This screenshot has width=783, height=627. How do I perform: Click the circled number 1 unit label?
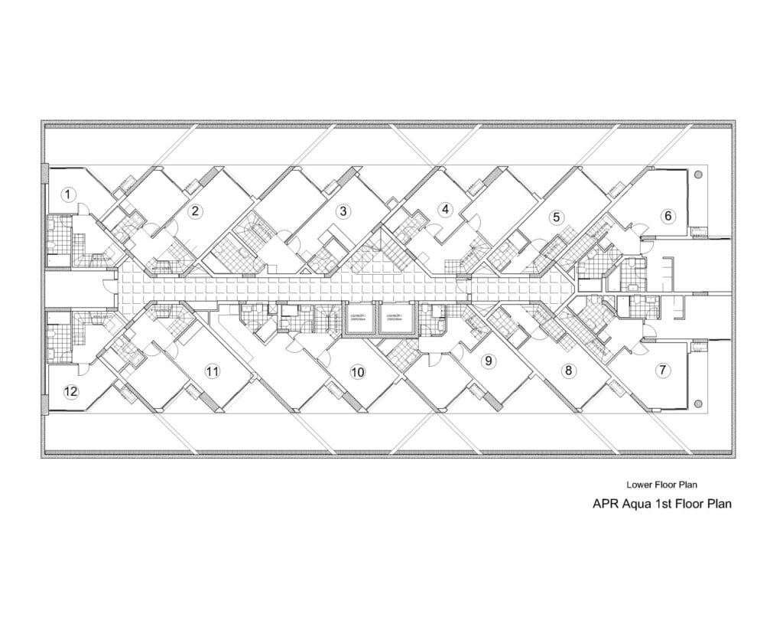[68, 194]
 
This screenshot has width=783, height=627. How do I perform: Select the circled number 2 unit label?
[196, 211]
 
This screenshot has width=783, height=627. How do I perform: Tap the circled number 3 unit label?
[343, 211]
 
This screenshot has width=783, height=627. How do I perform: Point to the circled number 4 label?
[444, 208]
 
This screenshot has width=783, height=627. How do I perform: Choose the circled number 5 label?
[557, 217]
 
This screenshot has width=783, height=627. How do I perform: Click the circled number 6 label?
[668, 216]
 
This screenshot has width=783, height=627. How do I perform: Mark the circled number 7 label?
[662, 370]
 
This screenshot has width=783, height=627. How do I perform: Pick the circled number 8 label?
[567, 371]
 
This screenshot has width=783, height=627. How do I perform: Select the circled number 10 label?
[357, 372]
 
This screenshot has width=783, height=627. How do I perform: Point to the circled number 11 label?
[213, 371]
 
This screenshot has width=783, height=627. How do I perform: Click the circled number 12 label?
[70, 392]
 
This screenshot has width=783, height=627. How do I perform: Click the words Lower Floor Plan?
[661, 485]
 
